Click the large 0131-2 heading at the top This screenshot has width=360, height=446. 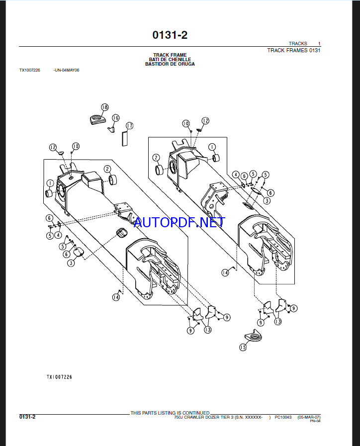click(x=170, y=35)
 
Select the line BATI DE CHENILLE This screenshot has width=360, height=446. click(x=170, y=60)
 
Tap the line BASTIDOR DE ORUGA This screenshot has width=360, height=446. click(x=170, y=64)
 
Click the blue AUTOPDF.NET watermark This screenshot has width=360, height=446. click(x=180, y=222)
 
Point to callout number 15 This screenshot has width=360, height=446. click(x=243, y=347)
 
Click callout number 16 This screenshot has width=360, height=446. click(x=115, y=118)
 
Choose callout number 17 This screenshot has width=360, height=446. click(x=129, y=125)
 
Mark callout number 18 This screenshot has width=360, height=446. click(x=104, y=107)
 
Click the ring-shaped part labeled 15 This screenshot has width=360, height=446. click(x=253, y=337)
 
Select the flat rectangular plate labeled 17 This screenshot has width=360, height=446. click(x=124, y=139)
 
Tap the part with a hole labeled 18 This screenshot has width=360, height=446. click(x=96, y=119)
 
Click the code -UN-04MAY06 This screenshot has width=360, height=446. click(x=66, y=70)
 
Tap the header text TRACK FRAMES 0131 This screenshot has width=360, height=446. click(x=294, y=50)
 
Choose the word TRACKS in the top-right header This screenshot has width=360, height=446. click(x=298, y=44)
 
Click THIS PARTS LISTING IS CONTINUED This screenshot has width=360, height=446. click(x=170, y=413)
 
